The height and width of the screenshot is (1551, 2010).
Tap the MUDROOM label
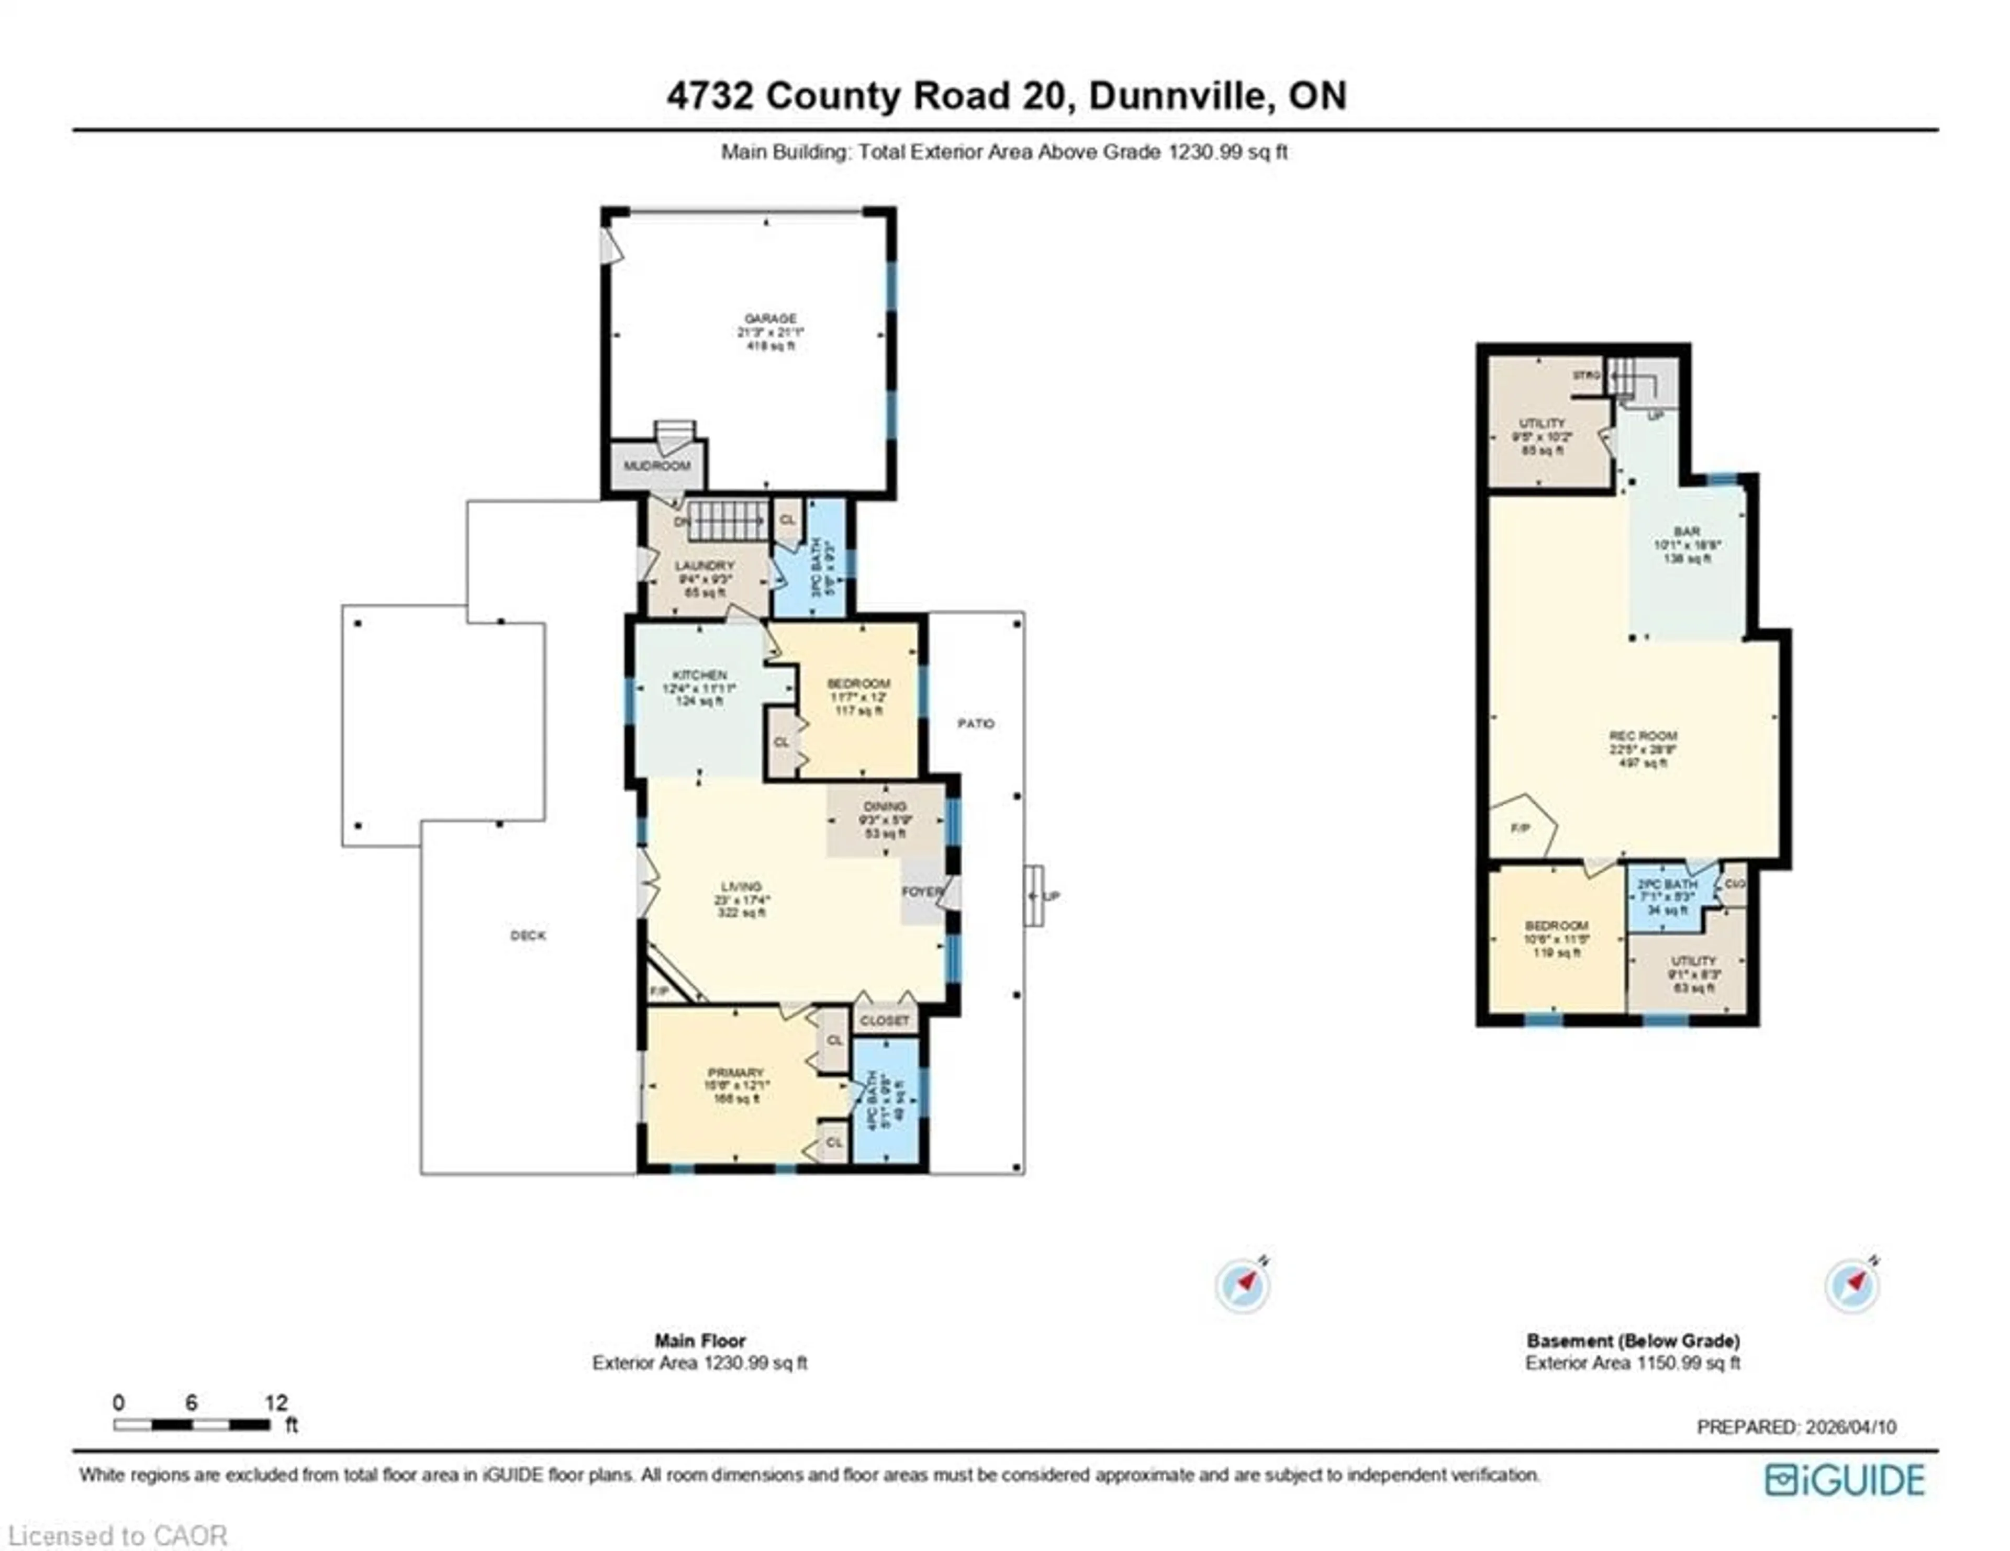[657, 466]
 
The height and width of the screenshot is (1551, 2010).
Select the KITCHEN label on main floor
[699, 675]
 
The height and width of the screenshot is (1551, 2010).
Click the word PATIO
[976, 724]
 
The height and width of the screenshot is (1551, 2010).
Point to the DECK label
[528, 936]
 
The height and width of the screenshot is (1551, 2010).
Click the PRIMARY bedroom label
[735, 1073]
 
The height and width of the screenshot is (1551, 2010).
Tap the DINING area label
[885, 806]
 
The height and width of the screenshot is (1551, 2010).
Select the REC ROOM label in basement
[1643, 736]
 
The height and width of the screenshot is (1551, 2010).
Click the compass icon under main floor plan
[1243, 1284]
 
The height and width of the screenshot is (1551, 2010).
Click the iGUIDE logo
[1845, 1480]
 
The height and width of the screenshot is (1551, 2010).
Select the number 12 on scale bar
[276, 1403]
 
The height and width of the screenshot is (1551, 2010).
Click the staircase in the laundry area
[727, 521]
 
